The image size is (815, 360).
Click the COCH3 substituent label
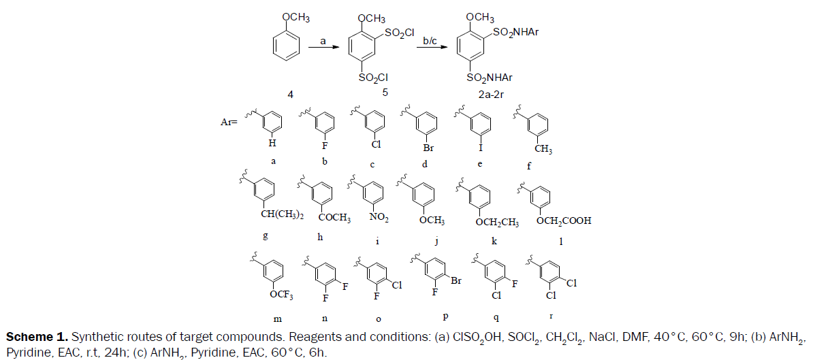pyautogui.click(x=334, y=218)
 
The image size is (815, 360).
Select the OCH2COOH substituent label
pyautogui.click(x=564, y=220)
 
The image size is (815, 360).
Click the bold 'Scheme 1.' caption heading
pyautogui.click(x=36, y=338)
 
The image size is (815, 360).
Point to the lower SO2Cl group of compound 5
pyautogui.click(x=373, y=78)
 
